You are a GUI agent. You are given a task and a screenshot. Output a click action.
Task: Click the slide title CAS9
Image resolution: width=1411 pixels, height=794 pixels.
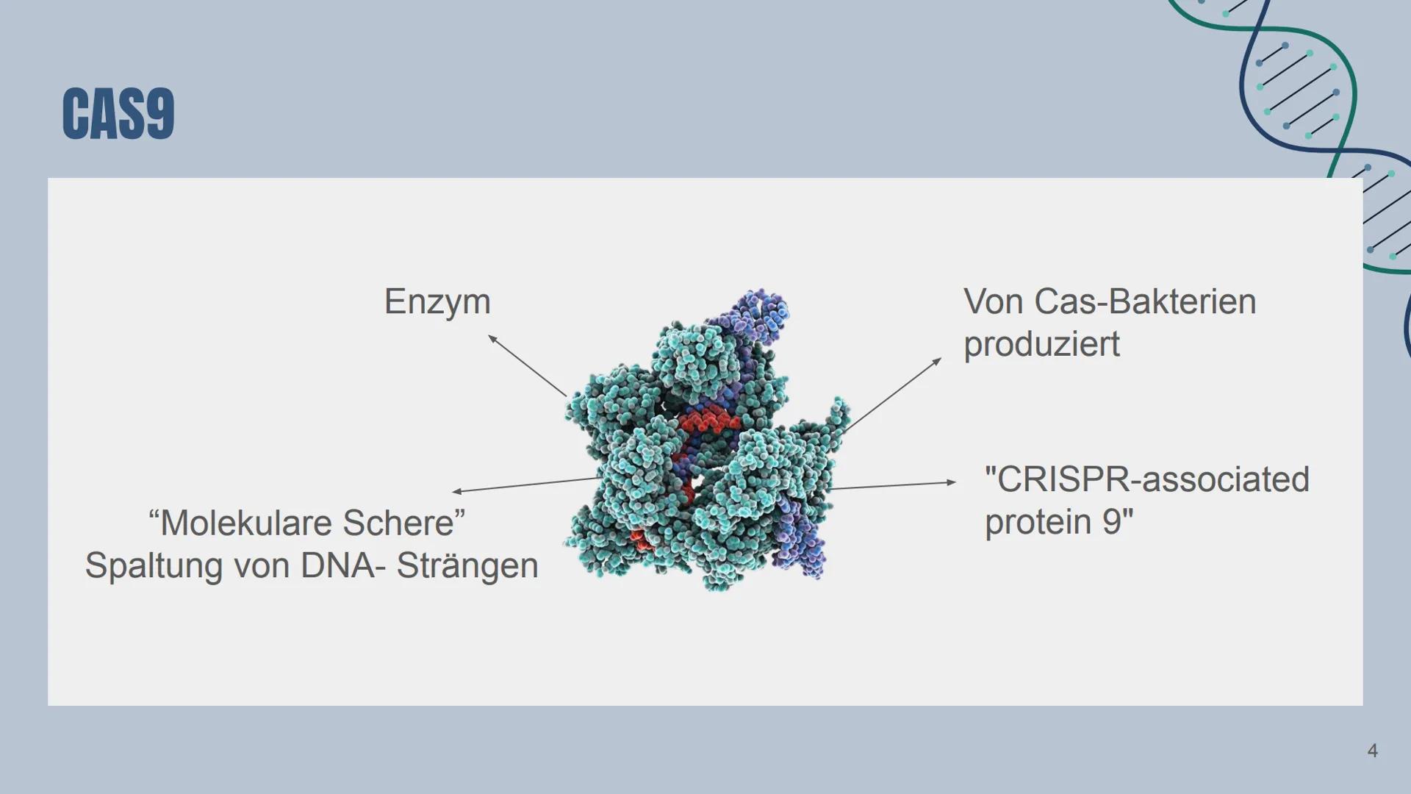(118, 113)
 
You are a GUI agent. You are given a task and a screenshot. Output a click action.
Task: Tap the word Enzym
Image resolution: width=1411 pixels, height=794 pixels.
(437, 302)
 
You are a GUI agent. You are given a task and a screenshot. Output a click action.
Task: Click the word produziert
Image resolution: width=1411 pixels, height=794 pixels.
(1041, 344)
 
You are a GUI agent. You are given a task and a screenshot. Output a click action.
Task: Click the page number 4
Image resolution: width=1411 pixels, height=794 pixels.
(1372, 751)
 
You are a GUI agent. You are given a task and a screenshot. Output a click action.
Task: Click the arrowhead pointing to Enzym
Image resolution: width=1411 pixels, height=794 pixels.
(492, 338)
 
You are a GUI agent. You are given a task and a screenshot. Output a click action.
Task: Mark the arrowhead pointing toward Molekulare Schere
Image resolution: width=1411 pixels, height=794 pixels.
(456, 491)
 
